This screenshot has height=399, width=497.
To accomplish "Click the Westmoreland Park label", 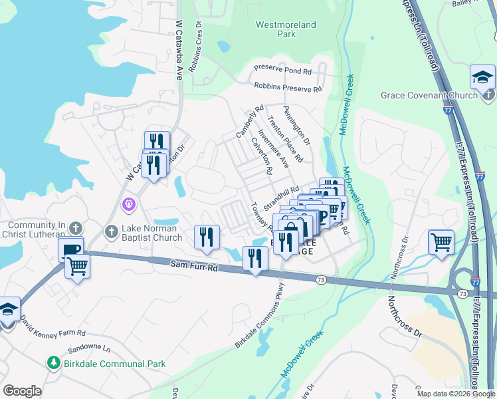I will pos(286,29).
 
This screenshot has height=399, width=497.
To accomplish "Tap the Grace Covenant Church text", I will pos(429,95).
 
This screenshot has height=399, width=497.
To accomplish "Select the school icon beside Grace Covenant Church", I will pos(482,79).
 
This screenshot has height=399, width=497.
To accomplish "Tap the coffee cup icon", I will pos(71,249).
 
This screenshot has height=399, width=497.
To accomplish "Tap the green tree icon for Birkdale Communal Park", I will pos(53,363).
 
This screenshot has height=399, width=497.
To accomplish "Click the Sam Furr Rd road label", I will pos(193,267).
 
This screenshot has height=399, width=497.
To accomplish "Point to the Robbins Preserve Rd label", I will pos(288,87).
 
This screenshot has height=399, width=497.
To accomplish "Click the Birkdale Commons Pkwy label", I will pos(260,316).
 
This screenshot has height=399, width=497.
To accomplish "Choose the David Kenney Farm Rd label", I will pos(52,327).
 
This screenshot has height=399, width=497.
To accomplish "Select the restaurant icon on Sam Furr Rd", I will pos(255,258).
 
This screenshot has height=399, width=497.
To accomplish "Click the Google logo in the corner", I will pos(22,390).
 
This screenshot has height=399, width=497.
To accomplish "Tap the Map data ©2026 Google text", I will pos(455,394).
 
